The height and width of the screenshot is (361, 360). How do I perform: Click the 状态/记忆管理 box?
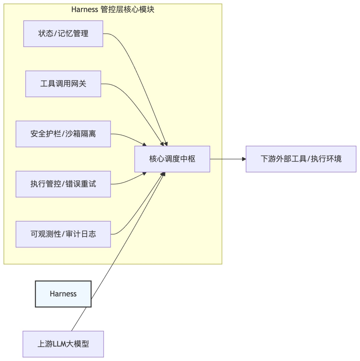pyautogui.click(x=63, y=34)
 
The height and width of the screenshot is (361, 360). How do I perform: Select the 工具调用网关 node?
pyautogui.click(x=63, y=84)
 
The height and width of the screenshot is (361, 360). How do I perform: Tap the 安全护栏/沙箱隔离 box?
pyautogui.click(x=63, y=134)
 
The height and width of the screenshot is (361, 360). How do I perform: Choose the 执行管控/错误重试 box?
pyautogui.click(x=63, y=184)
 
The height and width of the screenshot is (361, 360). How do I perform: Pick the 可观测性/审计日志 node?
pyautogui.click(x=63, y=234)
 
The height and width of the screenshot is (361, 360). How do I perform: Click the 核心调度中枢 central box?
pyautogui.click(x=172, y=159)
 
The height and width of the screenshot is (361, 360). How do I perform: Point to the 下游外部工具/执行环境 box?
pyautogui.click(x=301, y=159)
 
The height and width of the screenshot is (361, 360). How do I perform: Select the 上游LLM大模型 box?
pyautogui.click(x=63, y=344)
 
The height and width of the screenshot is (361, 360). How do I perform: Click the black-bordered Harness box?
pyautogui.click(x=63, y=294)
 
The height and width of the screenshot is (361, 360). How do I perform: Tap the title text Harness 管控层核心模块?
pyautogui.click(x=113, y=9)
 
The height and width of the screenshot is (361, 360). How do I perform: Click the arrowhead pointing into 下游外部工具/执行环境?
pyautogui.click(x=244, y=159)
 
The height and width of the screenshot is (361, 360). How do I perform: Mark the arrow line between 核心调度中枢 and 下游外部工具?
pyautogui.click(x=227, y=159)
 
